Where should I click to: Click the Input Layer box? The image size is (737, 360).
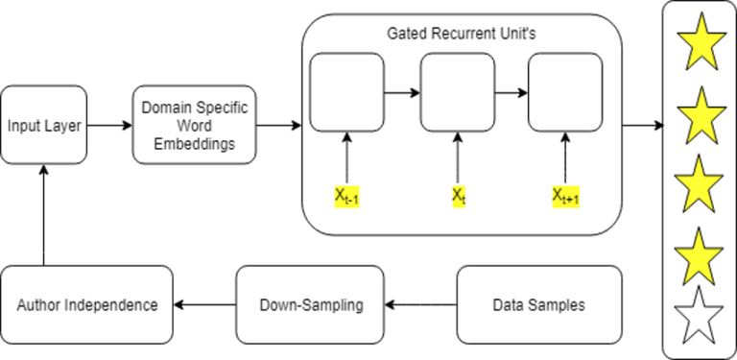[x=43, y=126]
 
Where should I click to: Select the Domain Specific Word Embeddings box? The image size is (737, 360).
[x=194, y=126]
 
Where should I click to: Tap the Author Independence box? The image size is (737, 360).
[x=87, y=305]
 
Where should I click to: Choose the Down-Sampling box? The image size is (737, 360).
[x=311, y=305]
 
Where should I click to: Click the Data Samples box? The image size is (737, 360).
[x=538, y=305]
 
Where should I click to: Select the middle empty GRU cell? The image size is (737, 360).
[x=458, y=93]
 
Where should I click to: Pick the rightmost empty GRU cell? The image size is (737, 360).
[x=566, y=93]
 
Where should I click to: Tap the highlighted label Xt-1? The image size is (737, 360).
[x=346, y=198]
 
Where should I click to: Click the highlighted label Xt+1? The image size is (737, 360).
[x=566, y=198]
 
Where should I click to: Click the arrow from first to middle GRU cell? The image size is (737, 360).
[x=402, y=93]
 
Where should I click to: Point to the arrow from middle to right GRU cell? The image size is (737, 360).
[x=511, y=93]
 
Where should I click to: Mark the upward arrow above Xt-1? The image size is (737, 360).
[x=346, y=158]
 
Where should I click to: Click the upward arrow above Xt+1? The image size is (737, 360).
[x=566, y=158]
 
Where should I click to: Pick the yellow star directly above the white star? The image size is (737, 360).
[x=700, y=252]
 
